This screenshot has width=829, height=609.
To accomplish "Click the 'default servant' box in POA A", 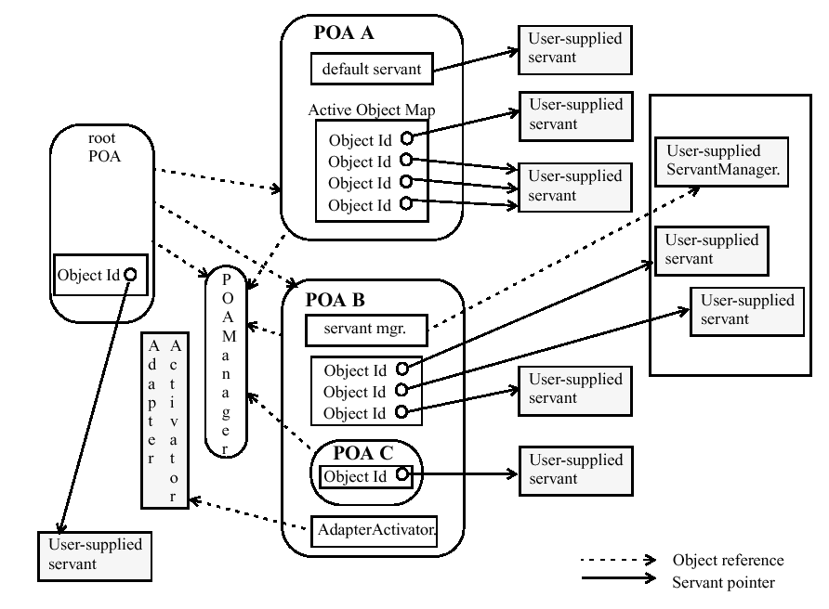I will pyautogui.click(x=371, y=68).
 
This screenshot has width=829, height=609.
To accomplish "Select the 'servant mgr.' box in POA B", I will pyautogui.click(x=363, y=328).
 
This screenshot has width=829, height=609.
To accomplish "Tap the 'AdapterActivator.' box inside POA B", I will pyautogui.click(x=377, y=530).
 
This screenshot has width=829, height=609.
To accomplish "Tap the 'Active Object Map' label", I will pyautogui.click(x=372, y=110).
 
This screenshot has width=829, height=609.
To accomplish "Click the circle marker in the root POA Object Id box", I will pyautogui.click(x=130, y=275).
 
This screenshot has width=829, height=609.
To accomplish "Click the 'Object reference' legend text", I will pyautogui.click(x=728, y=560).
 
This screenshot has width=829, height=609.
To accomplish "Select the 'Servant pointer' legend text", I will pyautogui.click(x=721, y=582).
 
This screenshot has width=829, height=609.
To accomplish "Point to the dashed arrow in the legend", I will pyautogui.click(x=618, y=560).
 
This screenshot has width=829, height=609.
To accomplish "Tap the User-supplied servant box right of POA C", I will pyautogui.click(x=574, y=470).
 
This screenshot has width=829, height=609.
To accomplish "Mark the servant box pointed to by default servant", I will pyautogui.click(x=574, y=45).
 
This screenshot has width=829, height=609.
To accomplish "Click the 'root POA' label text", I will pyautogui.click(x=101, y=148).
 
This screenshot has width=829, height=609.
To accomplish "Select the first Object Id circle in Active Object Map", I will pyautogui.click(x=407, y=138).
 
